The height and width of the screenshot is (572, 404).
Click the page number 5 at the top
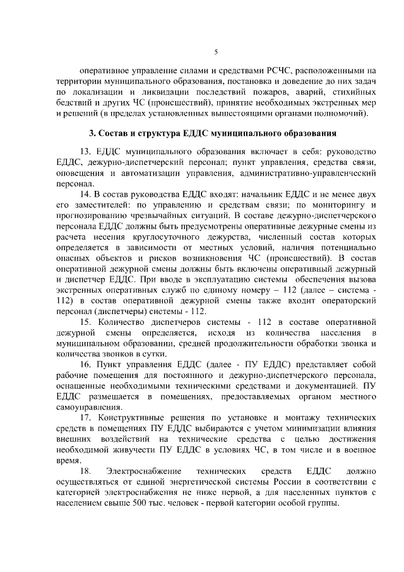[x=216, y=52]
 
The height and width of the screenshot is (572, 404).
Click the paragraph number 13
[x=85, y=152]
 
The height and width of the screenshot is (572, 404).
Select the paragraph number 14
[x=85, y=194]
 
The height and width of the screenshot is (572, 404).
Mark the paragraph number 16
[x=85, y=366]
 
